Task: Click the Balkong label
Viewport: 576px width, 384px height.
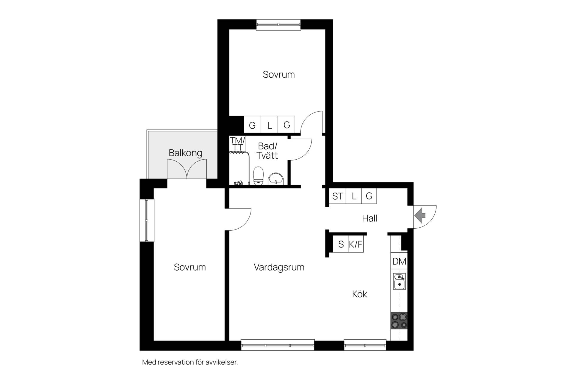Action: click(185, 153)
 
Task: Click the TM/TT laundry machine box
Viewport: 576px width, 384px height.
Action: click(238, 144)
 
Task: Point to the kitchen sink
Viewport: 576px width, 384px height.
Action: click(399, 281)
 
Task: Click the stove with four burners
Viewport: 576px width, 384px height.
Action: click(399, 321)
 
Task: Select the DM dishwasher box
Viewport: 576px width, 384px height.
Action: click(399, 261)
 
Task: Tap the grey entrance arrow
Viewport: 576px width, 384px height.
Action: click(420, 215)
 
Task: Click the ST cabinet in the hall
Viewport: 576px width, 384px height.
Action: click(337, 196)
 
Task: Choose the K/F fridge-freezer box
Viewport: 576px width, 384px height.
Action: click(355, 244)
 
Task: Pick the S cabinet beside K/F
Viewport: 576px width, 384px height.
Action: click(340, 244)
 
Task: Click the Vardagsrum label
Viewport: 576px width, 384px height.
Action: click(279, 267)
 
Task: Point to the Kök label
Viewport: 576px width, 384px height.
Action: click(359, 294)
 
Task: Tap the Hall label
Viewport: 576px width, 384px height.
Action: click(370, 218)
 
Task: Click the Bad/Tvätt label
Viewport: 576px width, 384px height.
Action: click(268, 151)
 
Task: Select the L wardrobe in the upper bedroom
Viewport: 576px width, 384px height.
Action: click(269, 124)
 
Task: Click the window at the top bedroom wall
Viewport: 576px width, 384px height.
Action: click(278, 25)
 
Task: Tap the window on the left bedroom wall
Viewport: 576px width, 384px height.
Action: click(147, 220)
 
